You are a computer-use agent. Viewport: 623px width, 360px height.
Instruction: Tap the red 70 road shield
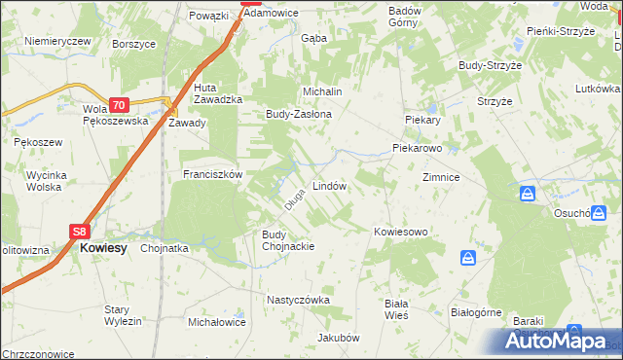pos(118,105)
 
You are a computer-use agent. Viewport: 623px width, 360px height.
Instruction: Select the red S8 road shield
pos(81,232)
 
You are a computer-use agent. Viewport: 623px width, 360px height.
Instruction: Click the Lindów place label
pos(329,185)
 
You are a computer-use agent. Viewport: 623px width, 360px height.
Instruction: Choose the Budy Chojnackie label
pos(287,240)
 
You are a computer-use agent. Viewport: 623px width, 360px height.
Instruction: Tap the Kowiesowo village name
pos(401,232)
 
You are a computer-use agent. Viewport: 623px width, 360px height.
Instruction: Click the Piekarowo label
pos(418,149)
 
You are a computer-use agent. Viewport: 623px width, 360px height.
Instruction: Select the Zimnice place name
pos(440,178)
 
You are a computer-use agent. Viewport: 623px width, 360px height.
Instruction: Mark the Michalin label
pos(322,91)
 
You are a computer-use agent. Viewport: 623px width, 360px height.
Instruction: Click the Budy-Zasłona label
pos(299,114)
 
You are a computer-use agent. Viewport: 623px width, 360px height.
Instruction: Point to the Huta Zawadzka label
pos(211,92)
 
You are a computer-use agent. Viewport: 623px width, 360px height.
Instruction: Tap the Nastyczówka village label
pos(298,301)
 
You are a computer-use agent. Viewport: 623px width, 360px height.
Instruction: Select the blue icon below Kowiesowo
pos(468,258)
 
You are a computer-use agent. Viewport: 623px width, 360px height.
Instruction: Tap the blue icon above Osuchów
pos(527,194)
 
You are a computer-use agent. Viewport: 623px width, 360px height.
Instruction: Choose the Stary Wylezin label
pos(124,315)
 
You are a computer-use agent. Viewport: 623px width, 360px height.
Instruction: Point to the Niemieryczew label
pos(57,41)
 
